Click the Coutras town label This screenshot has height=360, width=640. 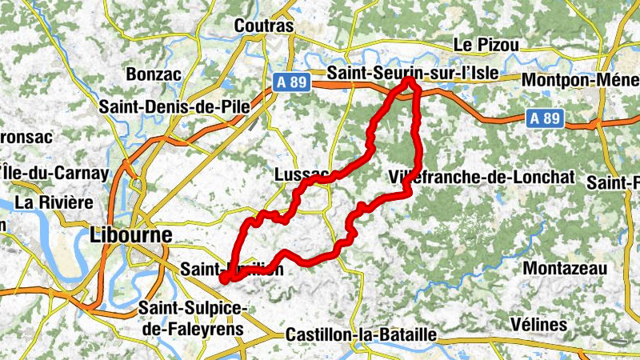click(x=264, y=26)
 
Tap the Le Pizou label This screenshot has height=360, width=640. click(x=486, y=45)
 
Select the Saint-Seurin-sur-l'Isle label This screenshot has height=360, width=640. click(x=413, y=73)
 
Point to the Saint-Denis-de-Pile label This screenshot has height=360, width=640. click(x=174, y=106)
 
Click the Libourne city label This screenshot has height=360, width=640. click(x=131, y=235)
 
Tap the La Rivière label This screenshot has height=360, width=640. click(x=54, y=202)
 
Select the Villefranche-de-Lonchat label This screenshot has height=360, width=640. click(x=482, y=177)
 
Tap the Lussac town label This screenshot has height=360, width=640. click(x=301, y=174)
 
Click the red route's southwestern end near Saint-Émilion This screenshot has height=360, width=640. click(x=224, y=278)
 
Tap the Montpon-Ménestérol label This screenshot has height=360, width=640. click(x=579, y=80)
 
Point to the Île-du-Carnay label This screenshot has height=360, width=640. click(x=54, y=172)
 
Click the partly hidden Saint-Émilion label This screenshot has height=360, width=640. click(x=232, y=269)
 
